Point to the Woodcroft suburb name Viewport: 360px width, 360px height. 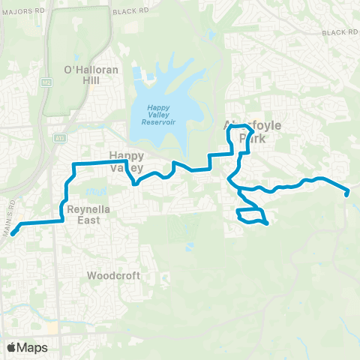point(113,275)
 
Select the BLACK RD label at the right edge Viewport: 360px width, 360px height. point(340,33)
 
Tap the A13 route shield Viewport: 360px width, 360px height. point(59,138)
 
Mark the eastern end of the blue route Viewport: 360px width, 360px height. point(347,193)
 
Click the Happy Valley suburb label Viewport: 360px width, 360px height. point(126,161)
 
